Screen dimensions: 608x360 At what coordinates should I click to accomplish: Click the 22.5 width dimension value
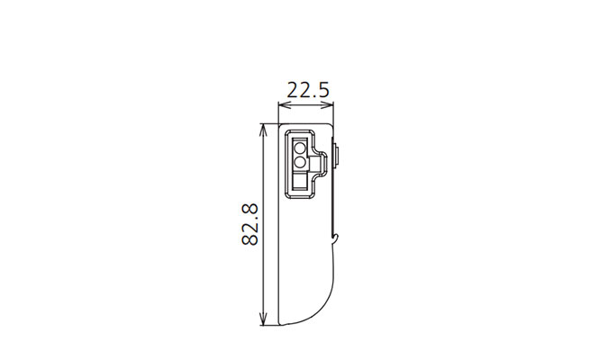(308, 90)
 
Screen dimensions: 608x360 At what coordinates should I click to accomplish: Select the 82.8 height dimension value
(250, 225)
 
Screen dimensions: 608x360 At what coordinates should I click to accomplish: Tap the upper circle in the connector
(300, 148)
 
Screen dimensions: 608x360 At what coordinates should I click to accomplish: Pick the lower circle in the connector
(300, 162)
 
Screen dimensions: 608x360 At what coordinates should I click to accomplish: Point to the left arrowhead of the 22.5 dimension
(283, 104)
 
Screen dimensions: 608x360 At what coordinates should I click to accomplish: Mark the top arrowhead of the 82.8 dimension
(264, 129)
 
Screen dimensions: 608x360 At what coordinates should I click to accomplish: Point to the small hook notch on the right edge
(336, 238)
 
